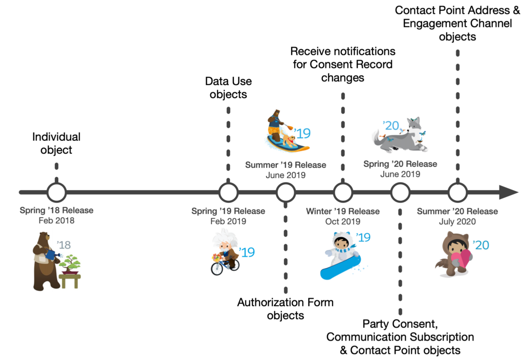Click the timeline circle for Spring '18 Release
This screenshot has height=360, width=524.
pyautogui.click(x=56, y=193)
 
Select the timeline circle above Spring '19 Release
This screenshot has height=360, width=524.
pyautogui.click(x=228, y=193)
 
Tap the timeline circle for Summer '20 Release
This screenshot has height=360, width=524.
pyautogui.click(x=457, y=193)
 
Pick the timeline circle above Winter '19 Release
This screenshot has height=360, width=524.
pyautogui.click(x=343, y=193)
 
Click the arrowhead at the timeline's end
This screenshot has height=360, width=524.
pyautogui.click(x=509, y=193)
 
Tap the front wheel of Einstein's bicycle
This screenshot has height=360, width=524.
pyautogui.click(x=217, y=268)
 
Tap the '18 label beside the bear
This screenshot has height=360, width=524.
pyautogui.click(x=64, y=245)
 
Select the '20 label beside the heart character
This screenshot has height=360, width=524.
pyautogui.click(x=481, y=245)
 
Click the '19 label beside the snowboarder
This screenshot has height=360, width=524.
pyautogui.click(x=363, y=238)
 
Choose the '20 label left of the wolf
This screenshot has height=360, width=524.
pyautogui.click(x=391, y=125)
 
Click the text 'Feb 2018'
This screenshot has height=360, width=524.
pyautogui.click(x=56, y=221)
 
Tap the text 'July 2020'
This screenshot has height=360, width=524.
pyautogui.click(x=457, y=222)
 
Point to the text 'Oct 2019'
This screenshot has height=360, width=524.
pyautogui.click(x=343, y=222)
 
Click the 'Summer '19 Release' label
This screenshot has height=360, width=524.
pyautogui.click(x=286, y=165)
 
